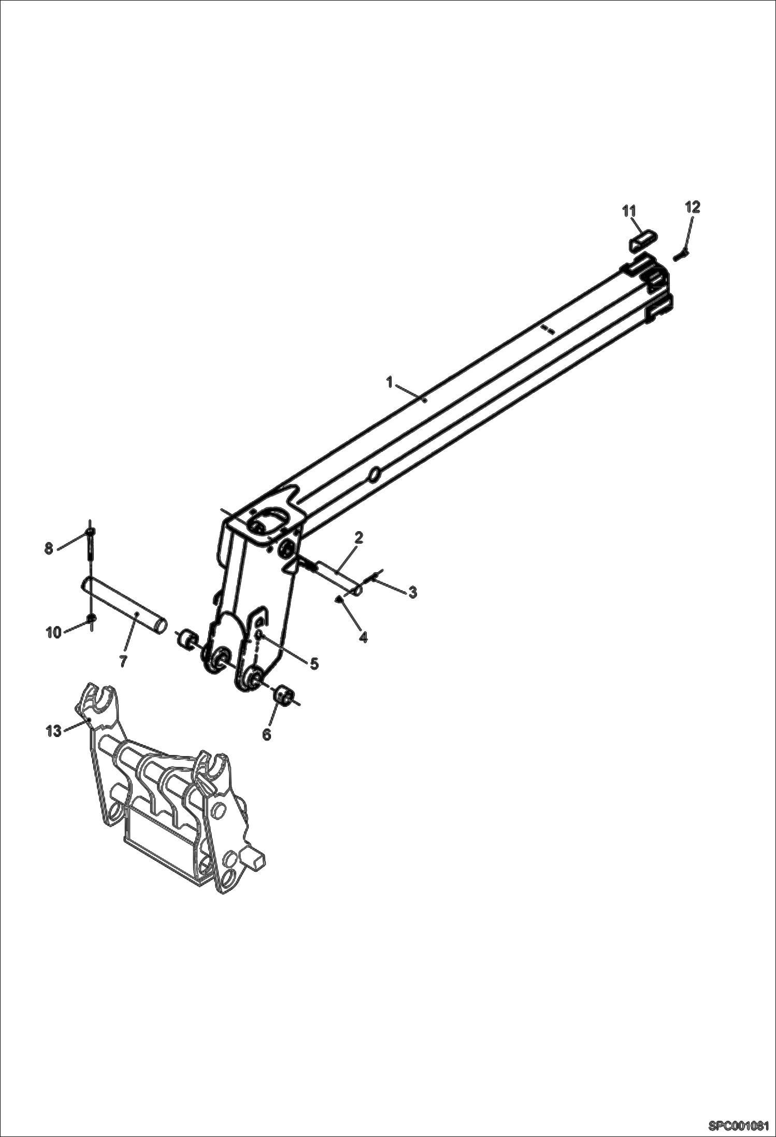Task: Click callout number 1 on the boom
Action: click(389, 382)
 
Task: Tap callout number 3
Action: click(412, 592)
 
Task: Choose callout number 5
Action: click(314, 664)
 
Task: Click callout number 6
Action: click(267, 734)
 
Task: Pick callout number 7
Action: click(123, 662)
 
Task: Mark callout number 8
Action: click(49, 548)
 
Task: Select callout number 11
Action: click(629, 210)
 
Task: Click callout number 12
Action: click(693, 207)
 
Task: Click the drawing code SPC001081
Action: click(741, 1126)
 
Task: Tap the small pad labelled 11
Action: click(644, 241)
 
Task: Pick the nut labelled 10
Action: click(91, 618)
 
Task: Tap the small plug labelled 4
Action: click(338, 600)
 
